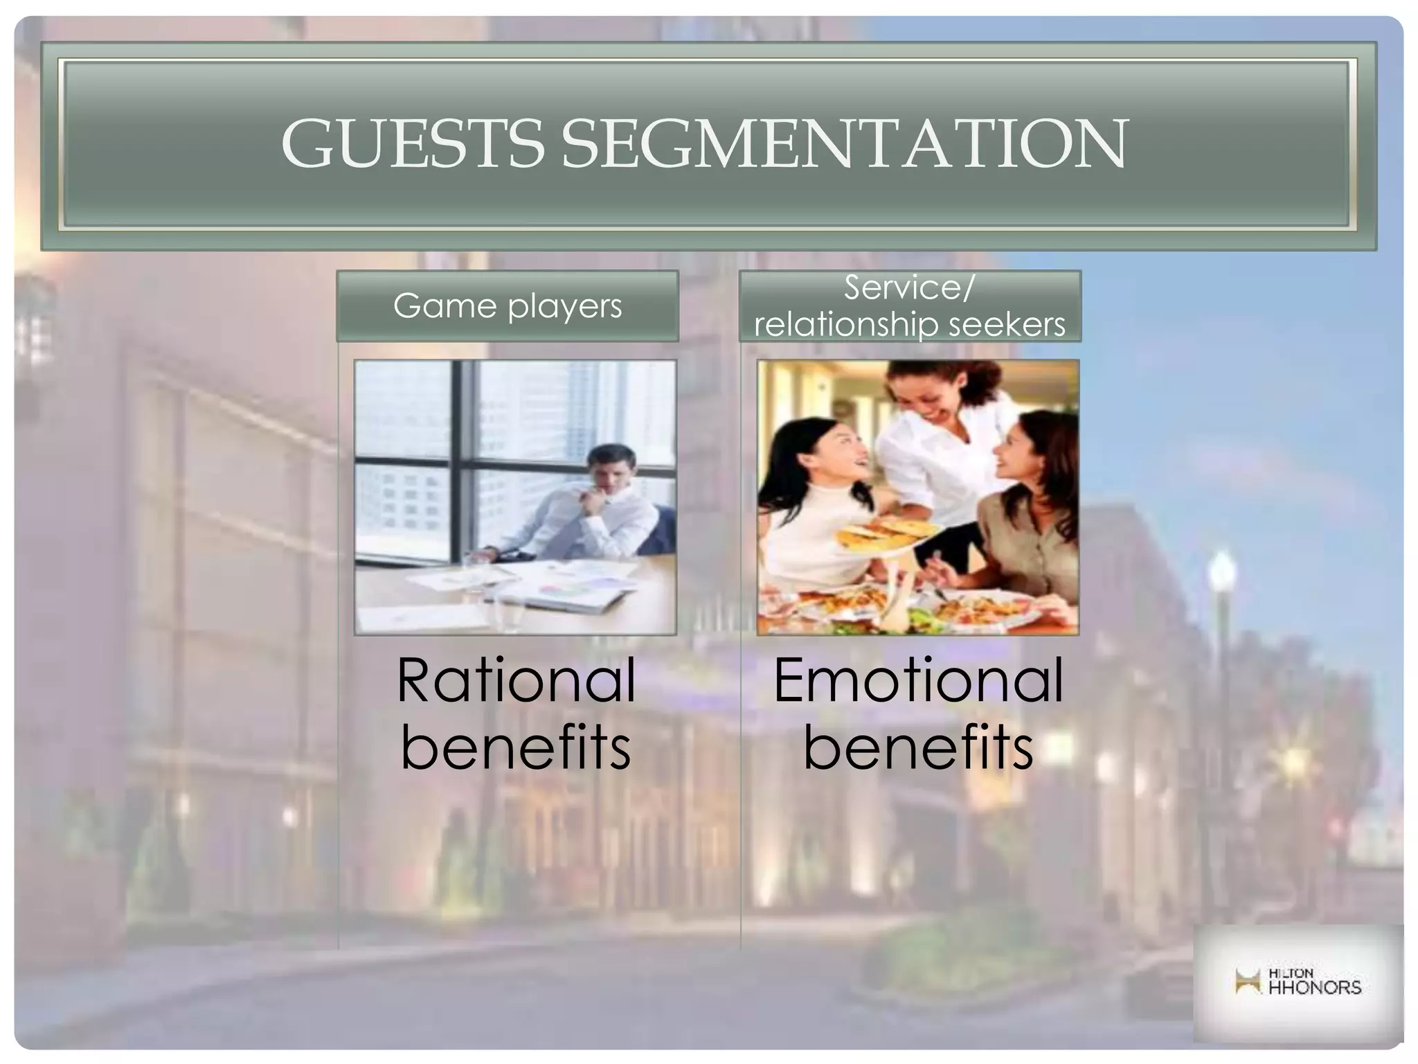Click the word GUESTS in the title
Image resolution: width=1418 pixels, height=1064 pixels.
pyautogui.click(x=413, y=144)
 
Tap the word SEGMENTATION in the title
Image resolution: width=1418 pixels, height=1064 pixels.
pyautogui.click(x=844, y=144)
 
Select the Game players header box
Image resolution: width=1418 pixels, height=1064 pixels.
pyautogui.click(x=507, y=305)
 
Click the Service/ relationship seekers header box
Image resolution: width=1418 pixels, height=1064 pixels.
pyautogui.click(x=909, y=305)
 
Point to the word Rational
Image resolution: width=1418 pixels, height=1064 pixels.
pyautogui.click(x=516, y=681)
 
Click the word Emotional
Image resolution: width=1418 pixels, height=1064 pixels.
pyautogui.click(x=917, y=681)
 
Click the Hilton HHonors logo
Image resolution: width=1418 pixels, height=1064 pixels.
pyautogui.click(x=1298, y=982)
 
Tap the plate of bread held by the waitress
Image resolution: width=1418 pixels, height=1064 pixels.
pyautogui.click(x=876, y=537)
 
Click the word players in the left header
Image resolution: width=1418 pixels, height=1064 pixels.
pyautogui.click(x=564, y=307)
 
